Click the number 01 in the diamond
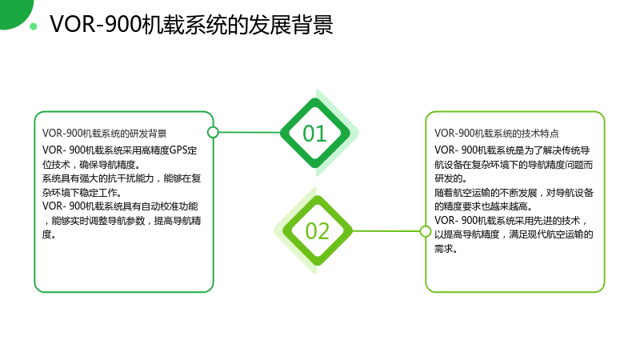tap(314, 134)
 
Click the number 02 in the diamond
tap(317, 231)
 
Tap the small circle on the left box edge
tap(213, 132)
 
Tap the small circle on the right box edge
tap(426, 231)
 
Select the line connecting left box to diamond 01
tap(250, 132)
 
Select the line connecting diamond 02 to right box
tap(386, 231)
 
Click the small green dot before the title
tap(34, 26)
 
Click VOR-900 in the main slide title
tap(95, 25)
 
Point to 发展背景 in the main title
tap(290, 25)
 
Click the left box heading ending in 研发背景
tap(105, 134)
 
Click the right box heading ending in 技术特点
tap(496, 134)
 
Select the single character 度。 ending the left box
tap(49, 234)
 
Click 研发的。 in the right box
tap(450, 178)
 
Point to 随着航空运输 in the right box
tap(462, 193)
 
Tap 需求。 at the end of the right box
tap(446, 249)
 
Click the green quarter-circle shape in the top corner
tap(12, 10)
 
